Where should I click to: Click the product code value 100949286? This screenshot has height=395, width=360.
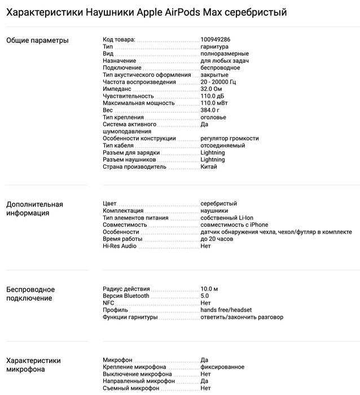tap(215, 39)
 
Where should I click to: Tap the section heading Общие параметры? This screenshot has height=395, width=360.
tap(37, 40)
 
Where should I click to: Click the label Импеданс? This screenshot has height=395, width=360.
tap(117, 89)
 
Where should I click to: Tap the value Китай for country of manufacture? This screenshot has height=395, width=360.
tap(209, 167)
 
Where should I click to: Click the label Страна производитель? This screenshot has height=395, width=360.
tap(135, 167)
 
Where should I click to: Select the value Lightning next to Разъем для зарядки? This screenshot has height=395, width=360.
tap(213, 153)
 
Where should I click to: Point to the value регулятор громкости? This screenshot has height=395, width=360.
tap(230, 139)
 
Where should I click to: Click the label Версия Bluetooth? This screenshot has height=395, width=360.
tap(126, 296)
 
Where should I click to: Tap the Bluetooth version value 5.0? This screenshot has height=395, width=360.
tap(205, 296)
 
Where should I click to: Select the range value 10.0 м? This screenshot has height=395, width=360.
tap(209, 289)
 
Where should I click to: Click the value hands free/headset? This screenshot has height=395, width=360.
tap(226, 310)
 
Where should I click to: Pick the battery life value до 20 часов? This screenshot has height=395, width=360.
tap(217, 239)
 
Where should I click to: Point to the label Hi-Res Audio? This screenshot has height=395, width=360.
tap(120, 246)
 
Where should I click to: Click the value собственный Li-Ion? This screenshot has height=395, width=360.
tap(226, 218)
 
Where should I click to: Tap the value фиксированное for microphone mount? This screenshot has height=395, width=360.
tap(222, 367)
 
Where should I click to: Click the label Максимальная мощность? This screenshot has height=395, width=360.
tap(139, 103)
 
